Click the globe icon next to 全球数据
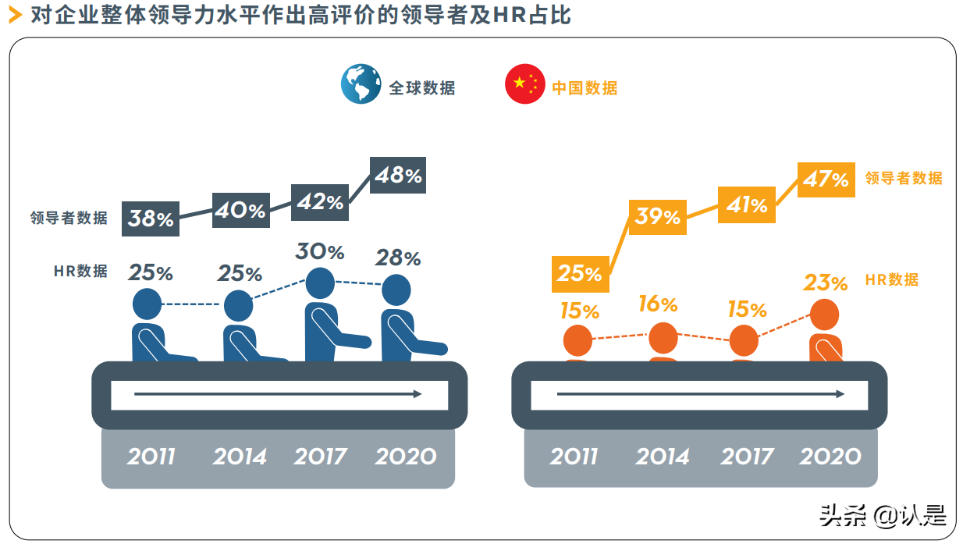pyautogui.click(x=361, y=84)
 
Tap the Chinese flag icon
pyautogui.click(x=525, y=84)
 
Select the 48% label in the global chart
pyautogui.click(x=398, y=176)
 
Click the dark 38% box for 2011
pyautogui.click(x=151, y=219)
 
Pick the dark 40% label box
pyautogui.click(x=241, y=209)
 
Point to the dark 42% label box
pyautogui.click(x=320, y=202)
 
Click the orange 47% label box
pyautogui.click(x=826, y=180)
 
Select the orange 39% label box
pyautogui.click(x=657, y=216)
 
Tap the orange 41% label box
pyautogui.click(x=747, y=204)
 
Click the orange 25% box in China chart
pyautogui.click(x=579, y=273)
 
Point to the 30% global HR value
pyautogui.click(x=319, y=252)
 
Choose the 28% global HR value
pyautogui.click(x=398, y=258)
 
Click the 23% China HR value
pyautogui.click(x=826, y=283)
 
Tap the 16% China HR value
pyautogui.click(x=657, y=304)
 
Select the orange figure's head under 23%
pyautogui.click(x=824, y=315)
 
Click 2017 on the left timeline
pyautogui.click(x=320, y=457)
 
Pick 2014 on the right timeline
pyautogui.click(x=663, y=457)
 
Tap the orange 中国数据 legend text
pyautogui.click(x=585, y=87)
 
